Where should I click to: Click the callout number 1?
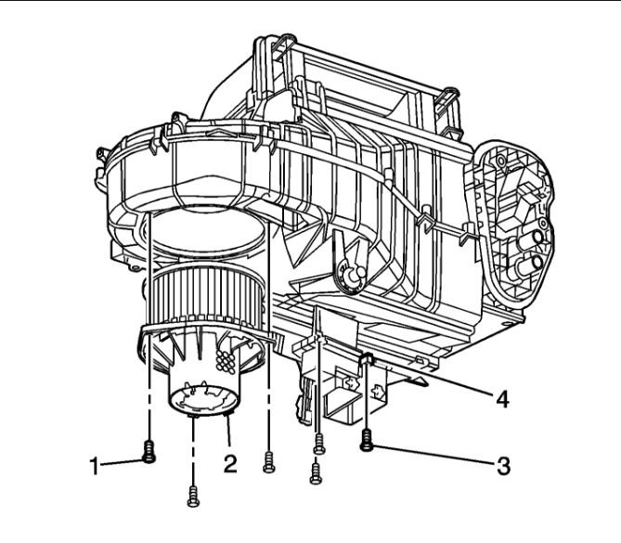click(x=94, y=465)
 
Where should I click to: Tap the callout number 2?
click(x=230, y=463)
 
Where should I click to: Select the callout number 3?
click(x=503, y=466)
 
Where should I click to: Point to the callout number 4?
click(x=502, y=399)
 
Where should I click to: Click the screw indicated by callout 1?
click(x=149, y=452)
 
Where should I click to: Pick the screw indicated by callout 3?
click(x=366, y=440)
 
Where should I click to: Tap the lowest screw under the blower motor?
click(x=193, y=497)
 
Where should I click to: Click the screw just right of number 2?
click(x=268, y=462)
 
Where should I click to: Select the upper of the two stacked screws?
click(x=318, y=444)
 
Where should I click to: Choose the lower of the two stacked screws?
click(x=316, y=473)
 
